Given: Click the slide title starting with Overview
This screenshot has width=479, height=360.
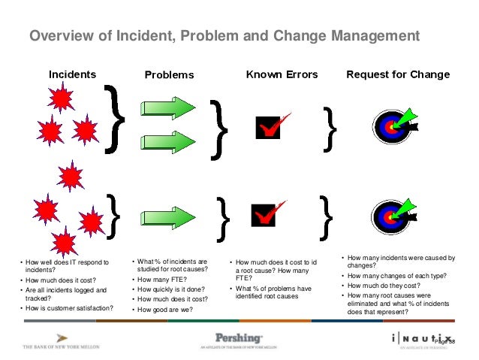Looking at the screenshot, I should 224,36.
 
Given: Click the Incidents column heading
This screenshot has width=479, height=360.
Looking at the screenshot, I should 72,74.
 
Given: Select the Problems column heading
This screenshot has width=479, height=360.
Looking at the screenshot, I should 169,75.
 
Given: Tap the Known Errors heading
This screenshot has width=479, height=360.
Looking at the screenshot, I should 282,74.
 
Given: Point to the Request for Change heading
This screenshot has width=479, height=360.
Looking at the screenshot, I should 397,74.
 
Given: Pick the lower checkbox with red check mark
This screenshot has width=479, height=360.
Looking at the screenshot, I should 272,215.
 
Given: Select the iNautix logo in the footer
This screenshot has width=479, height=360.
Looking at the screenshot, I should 420,340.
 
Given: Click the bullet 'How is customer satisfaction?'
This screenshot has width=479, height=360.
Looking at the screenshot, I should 69,307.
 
